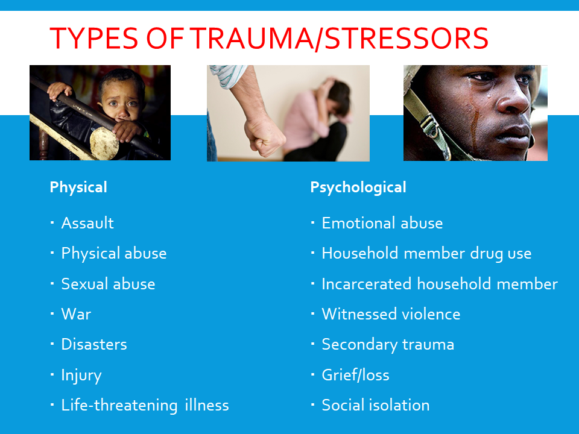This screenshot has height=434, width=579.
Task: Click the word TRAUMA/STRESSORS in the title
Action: point(340,39)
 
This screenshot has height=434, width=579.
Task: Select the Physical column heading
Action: point(78,187)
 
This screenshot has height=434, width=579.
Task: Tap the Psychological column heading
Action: point(358,187)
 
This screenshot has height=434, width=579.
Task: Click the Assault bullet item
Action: point(87,223)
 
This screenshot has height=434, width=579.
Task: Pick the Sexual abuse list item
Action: point(108,284)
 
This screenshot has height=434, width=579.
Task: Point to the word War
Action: point(76,314)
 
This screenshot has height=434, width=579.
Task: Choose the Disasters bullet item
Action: point(94,344)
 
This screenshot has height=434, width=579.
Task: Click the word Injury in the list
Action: point(81,376)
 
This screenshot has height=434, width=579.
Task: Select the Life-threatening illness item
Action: point(145,405)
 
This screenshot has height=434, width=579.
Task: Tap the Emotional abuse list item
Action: point(382,223)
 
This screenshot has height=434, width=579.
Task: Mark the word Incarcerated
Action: point(366,284)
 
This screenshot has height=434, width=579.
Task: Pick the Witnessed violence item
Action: point(391,314)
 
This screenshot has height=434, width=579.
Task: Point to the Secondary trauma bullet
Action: point(388,345)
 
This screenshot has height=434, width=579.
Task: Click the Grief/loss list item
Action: point(356,375)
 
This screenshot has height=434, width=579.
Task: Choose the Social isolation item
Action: point(376,405)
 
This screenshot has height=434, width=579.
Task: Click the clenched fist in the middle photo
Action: point(264,137)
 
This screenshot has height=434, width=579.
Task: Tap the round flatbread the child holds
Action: point(104,143)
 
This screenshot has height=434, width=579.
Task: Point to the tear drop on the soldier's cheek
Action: point(489,95)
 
